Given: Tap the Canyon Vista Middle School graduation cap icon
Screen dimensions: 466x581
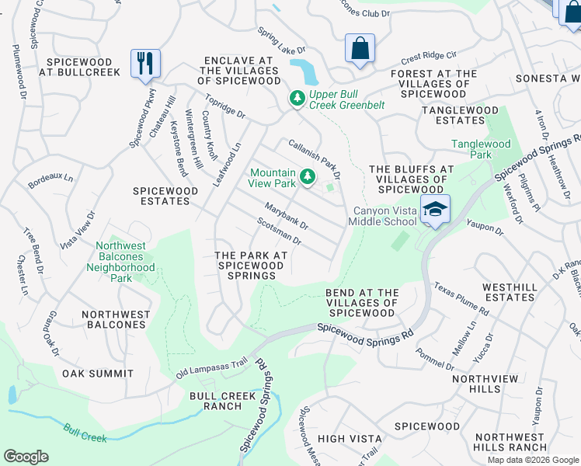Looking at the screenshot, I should click(x=436, y=209).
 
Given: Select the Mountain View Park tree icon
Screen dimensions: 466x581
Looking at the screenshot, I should click(x=308, y=178).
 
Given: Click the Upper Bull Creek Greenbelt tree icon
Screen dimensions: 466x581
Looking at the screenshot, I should click(x=296, y=99).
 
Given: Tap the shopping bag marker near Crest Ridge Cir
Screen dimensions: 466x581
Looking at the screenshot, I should click(x=360, y=48).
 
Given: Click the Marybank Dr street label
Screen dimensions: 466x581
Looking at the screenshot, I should click(x=286, y=216).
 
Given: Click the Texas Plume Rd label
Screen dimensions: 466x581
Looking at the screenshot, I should click(x=461, y=299).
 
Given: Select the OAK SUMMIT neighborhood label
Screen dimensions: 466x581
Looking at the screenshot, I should click(x=97, y=374).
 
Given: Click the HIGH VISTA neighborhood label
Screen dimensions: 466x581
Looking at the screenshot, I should click(x=350, y=439).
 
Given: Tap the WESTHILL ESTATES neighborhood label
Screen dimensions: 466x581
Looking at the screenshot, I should click(x=510, y=292).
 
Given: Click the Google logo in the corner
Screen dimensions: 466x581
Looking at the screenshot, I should click(x=26, y=457).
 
